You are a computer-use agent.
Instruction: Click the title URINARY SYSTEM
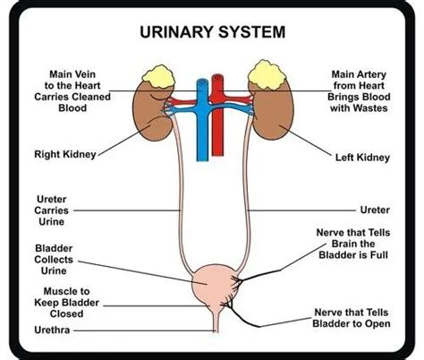[213, 32]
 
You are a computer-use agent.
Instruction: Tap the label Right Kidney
[65, 154]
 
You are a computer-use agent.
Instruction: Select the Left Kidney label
[362, 158]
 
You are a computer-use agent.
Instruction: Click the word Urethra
[52, 330]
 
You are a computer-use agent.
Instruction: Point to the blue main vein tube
[202, 125]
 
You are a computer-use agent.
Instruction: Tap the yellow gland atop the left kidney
[267, 74]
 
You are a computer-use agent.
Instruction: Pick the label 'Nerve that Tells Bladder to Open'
[352, 318]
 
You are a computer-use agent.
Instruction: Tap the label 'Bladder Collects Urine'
[54, 260]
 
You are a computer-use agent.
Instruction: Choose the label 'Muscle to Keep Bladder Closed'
[66, 303]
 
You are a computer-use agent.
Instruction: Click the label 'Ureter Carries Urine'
[51, 210]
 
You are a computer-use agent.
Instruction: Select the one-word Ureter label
[375, 210]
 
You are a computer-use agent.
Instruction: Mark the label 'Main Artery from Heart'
[359, 80]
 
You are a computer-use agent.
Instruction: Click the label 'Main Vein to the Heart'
[72, 80]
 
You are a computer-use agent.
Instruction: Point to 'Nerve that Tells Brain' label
[353, 238]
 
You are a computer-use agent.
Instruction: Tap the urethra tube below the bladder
[216, 321]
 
